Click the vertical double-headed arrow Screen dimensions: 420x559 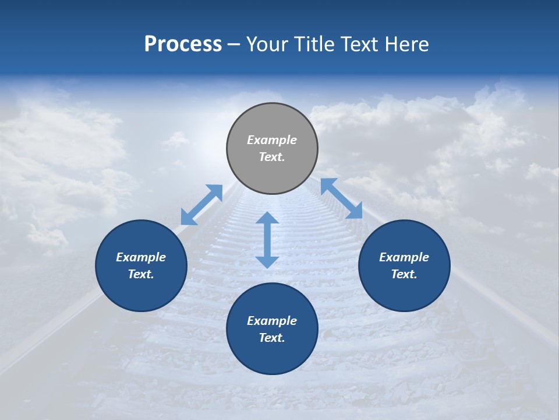point(267,240)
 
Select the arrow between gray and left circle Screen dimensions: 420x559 point(201,205)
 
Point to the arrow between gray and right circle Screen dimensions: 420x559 point(342,198)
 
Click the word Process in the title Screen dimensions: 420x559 point(183,44)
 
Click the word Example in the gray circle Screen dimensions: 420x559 point(272,140)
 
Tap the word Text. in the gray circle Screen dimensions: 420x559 point(272,157)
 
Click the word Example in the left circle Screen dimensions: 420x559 point(141,257)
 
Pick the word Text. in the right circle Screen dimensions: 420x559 point(404,274)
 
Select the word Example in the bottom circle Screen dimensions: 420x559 point(272,321)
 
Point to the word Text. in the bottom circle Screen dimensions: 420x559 point(272,338)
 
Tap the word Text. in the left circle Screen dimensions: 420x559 point(141,274)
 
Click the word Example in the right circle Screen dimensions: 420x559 point(404,257)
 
